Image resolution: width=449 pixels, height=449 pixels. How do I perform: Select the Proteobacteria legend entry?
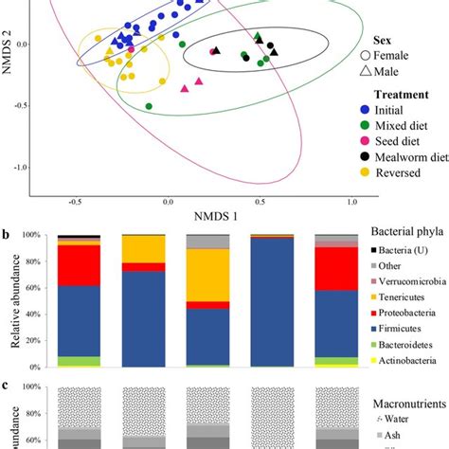(409, 311)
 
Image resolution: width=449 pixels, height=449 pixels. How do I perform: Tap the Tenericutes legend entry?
(405, 295)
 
